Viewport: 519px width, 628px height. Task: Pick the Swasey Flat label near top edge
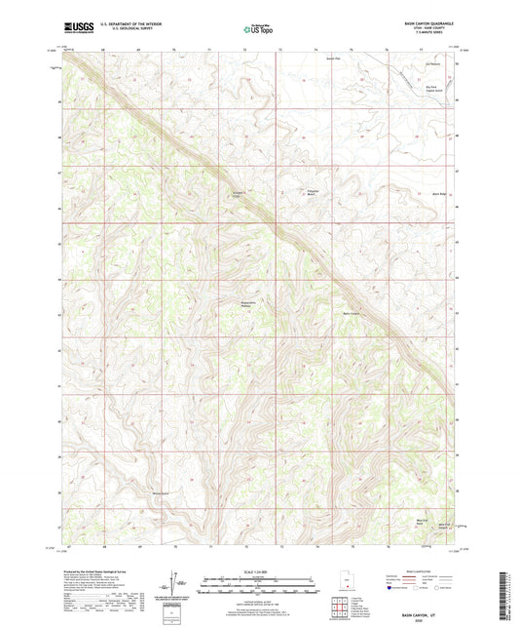tap(332, 58)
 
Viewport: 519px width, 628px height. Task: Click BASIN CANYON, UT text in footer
tap(422, 612)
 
